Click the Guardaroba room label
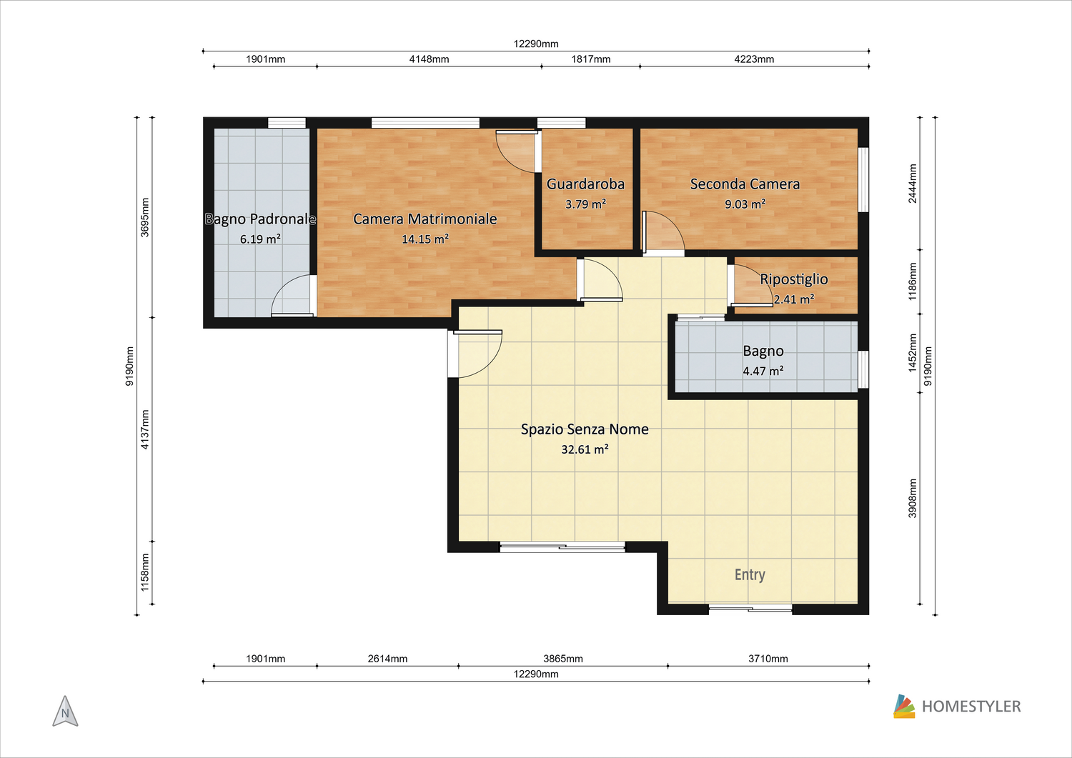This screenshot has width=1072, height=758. tap(585, 184)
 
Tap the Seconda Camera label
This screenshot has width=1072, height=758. tap(745, 184)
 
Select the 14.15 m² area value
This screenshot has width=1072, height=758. tap(425, 239)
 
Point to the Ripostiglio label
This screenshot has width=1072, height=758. tap(794, 279)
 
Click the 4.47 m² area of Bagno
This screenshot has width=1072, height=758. tap(763, 371)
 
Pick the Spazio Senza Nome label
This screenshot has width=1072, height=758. tap(585, 429)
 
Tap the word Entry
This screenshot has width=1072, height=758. tap(750, 574)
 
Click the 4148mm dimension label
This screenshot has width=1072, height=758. tap(429, 59)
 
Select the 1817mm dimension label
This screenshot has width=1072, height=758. tap(590, 59)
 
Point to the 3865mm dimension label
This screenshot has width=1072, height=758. tap(563, 659)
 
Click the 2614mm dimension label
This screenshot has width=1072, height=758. tap(387, 659)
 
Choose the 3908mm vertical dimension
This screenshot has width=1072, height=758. tap(913, 498)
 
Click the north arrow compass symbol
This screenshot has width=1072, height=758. tap(65, 711)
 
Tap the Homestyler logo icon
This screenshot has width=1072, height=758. tap(904, 707)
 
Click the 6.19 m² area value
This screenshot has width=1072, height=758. tap(260, 239)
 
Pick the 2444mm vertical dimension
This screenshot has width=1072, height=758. tap(913, 184)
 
